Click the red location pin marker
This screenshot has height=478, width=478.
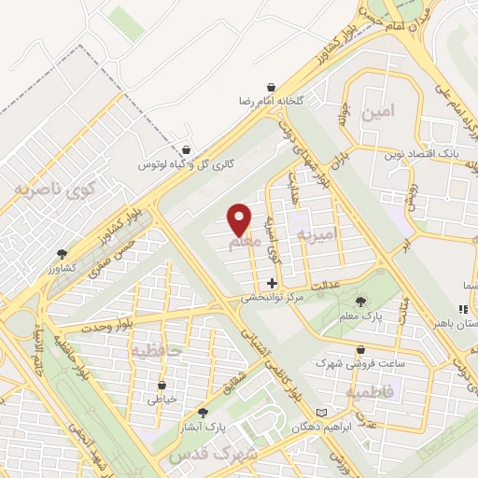tap(240, 219)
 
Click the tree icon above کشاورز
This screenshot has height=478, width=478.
tap(62, 253)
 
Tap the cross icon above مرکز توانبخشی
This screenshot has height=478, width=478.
tap(272, 283)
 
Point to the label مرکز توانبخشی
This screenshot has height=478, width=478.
tap(273, 299)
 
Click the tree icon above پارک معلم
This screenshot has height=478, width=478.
tap(360, 301)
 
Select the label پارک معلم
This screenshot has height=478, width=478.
tap(361, 317)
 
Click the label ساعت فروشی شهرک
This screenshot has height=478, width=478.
tap(344, 361)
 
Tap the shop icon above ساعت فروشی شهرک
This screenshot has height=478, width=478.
tap(335, 346)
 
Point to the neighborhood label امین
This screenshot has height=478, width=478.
tap(383, 110)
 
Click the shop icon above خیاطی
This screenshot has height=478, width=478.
tap(162, 384)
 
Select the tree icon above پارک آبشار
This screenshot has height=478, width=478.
tap(203, 412)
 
